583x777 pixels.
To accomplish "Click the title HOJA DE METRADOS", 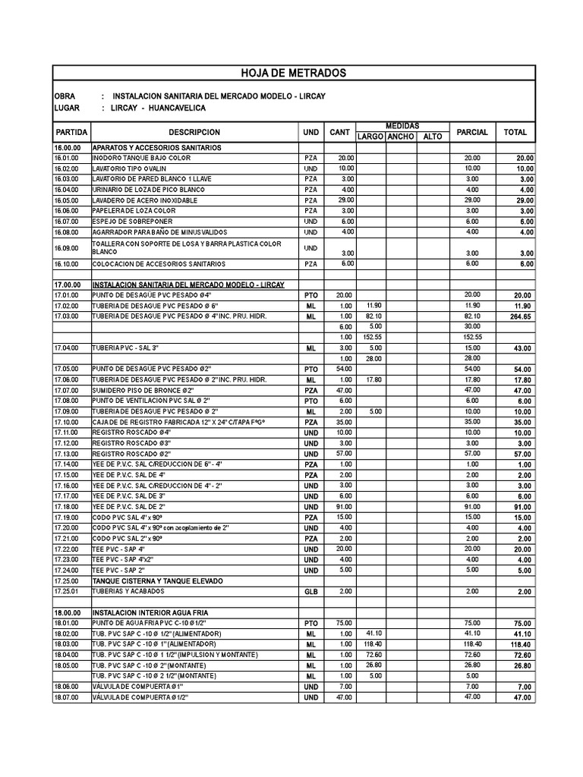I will [x=293, y=74].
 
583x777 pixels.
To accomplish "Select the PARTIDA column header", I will [x=71, y=132].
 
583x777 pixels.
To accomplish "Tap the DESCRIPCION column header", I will [x=194, y=132].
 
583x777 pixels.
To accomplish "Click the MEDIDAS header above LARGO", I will [x=402, y=126].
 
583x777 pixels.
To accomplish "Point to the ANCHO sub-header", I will [x=399, y=137].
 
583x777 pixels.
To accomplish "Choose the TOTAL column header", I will [x=515, y=132].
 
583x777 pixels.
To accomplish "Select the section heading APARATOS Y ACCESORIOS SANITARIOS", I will [x=156, y=146].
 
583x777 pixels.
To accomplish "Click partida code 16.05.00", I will [x=66, y=200].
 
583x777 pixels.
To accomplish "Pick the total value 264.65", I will [x=521, y=317].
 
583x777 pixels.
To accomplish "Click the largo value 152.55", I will [x=372, y=337].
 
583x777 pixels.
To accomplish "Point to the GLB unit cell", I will [x=310, y=591].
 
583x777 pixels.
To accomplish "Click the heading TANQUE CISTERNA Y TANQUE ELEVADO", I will [x=158, y=580].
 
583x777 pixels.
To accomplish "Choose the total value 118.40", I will [x=521, y=645].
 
